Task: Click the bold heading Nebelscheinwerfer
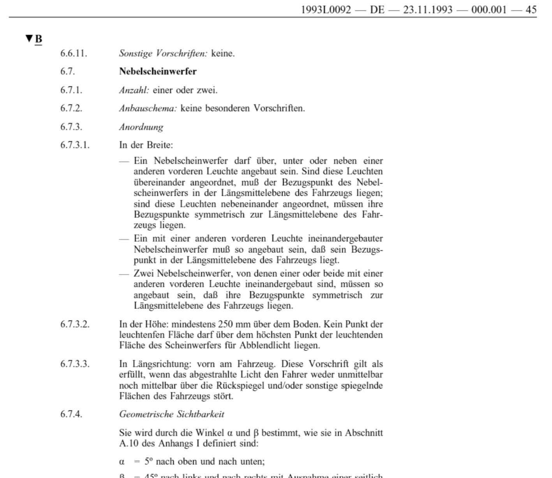pyautogui.click(x=158, y=72)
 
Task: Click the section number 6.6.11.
pyautogui.click(x=74, y=53)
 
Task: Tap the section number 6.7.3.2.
pyautogui.click(x=75, y=324)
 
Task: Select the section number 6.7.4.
pyautogui.click(x=71, y=414)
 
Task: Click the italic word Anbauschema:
pyautogui.click(x=148, y=109)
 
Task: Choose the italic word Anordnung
pyautogui.click(x=141, y=127)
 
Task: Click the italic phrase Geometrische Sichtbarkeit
pyautogui.click(x=171, y=414)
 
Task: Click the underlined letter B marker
pyautogui.click(x=38, y=39)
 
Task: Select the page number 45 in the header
pyautogui.click(x=531, y=9)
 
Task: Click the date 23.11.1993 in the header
pyautogui.click(x=428, y=9)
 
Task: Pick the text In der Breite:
pyautogui.click(x=146, y=145)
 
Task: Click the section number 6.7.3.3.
pyautogui.click(x=75, y=364)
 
